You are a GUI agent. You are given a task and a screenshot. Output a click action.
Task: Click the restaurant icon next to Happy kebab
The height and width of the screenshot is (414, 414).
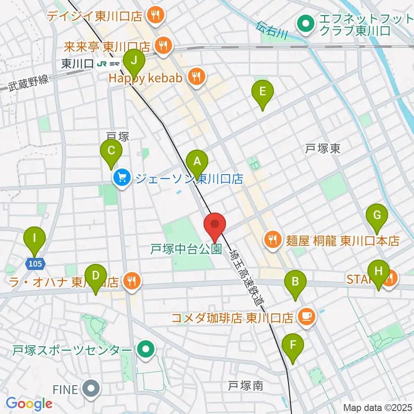click(196, 77)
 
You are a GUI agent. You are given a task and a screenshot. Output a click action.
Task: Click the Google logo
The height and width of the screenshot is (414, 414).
click(29, 404)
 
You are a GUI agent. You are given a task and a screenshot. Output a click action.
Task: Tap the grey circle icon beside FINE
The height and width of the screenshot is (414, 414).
click(91, 389)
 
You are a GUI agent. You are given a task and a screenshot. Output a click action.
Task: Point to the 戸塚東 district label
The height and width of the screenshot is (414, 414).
click(323, 149)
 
